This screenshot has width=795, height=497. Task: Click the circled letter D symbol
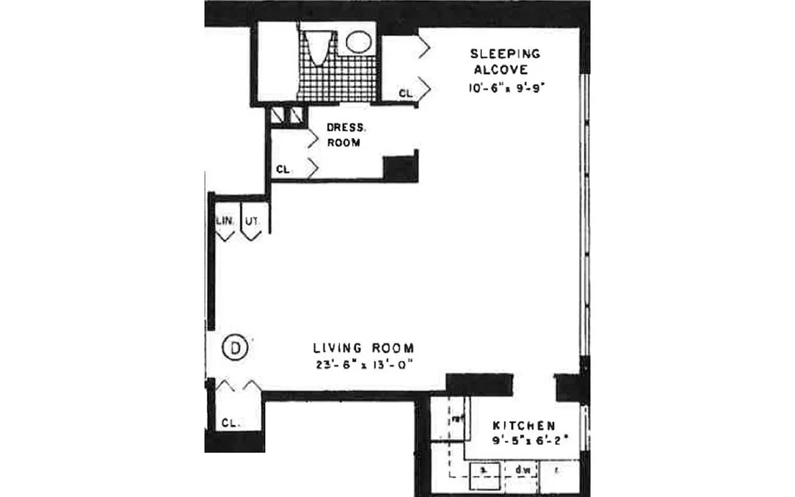coord(235,348)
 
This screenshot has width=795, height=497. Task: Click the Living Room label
coord(363,348)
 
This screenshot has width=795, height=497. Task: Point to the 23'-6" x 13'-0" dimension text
coord(363,365)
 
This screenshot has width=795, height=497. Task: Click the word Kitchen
coord(524,426)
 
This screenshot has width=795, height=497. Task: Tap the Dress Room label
coord(345,135)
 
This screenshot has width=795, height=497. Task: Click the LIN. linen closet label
coord(223,221)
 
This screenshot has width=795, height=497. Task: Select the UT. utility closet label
coord(251,221)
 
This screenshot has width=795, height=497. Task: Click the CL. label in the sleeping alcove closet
coord(405,94)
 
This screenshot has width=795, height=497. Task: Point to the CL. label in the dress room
coord(284,169)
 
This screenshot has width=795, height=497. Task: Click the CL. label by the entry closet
coord(230,423)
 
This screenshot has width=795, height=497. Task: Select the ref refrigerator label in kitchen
coord(458,419)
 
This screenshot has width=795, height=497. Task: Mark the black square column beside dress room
coord(400,168)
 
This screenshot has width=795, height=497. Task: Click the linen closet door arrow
coord(224,236)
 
